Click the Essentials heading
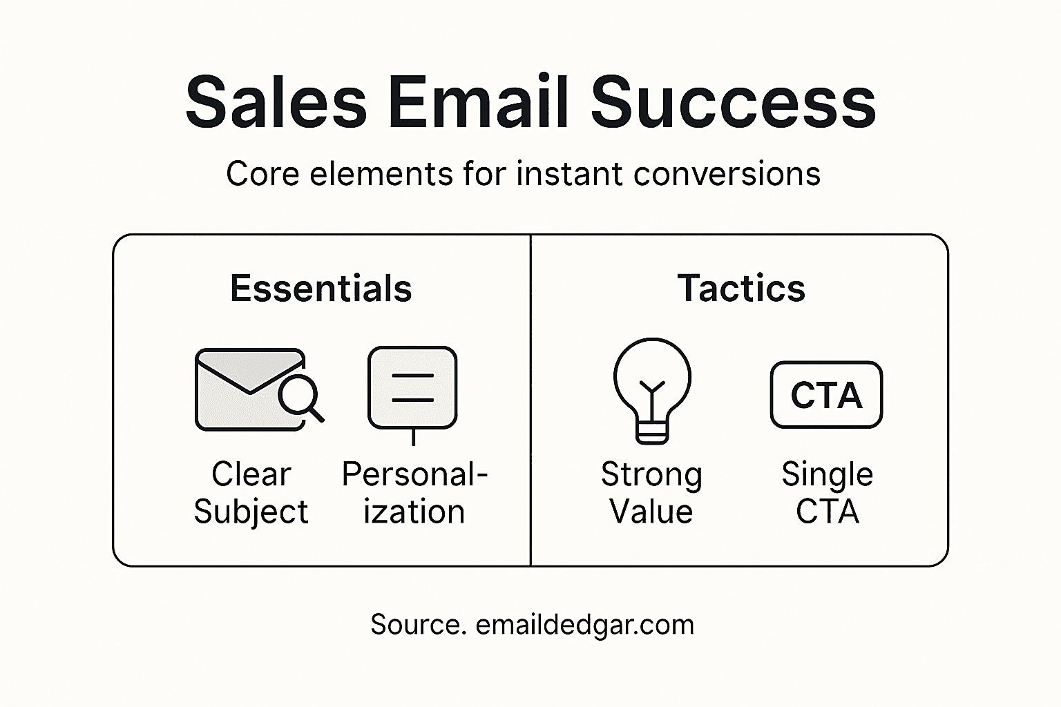(321, 289)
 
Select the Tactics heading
(741, 289)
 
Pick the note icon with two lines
(412, 388)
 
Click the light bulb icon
(652, 383)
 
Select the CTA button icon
(826, 395)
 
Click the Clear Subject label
(251, 493)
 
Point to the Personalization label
(414, 493)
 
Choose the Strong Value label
(651, 493)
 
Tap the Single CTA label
(827, 493)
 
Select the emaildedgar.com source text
(584, 625)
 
